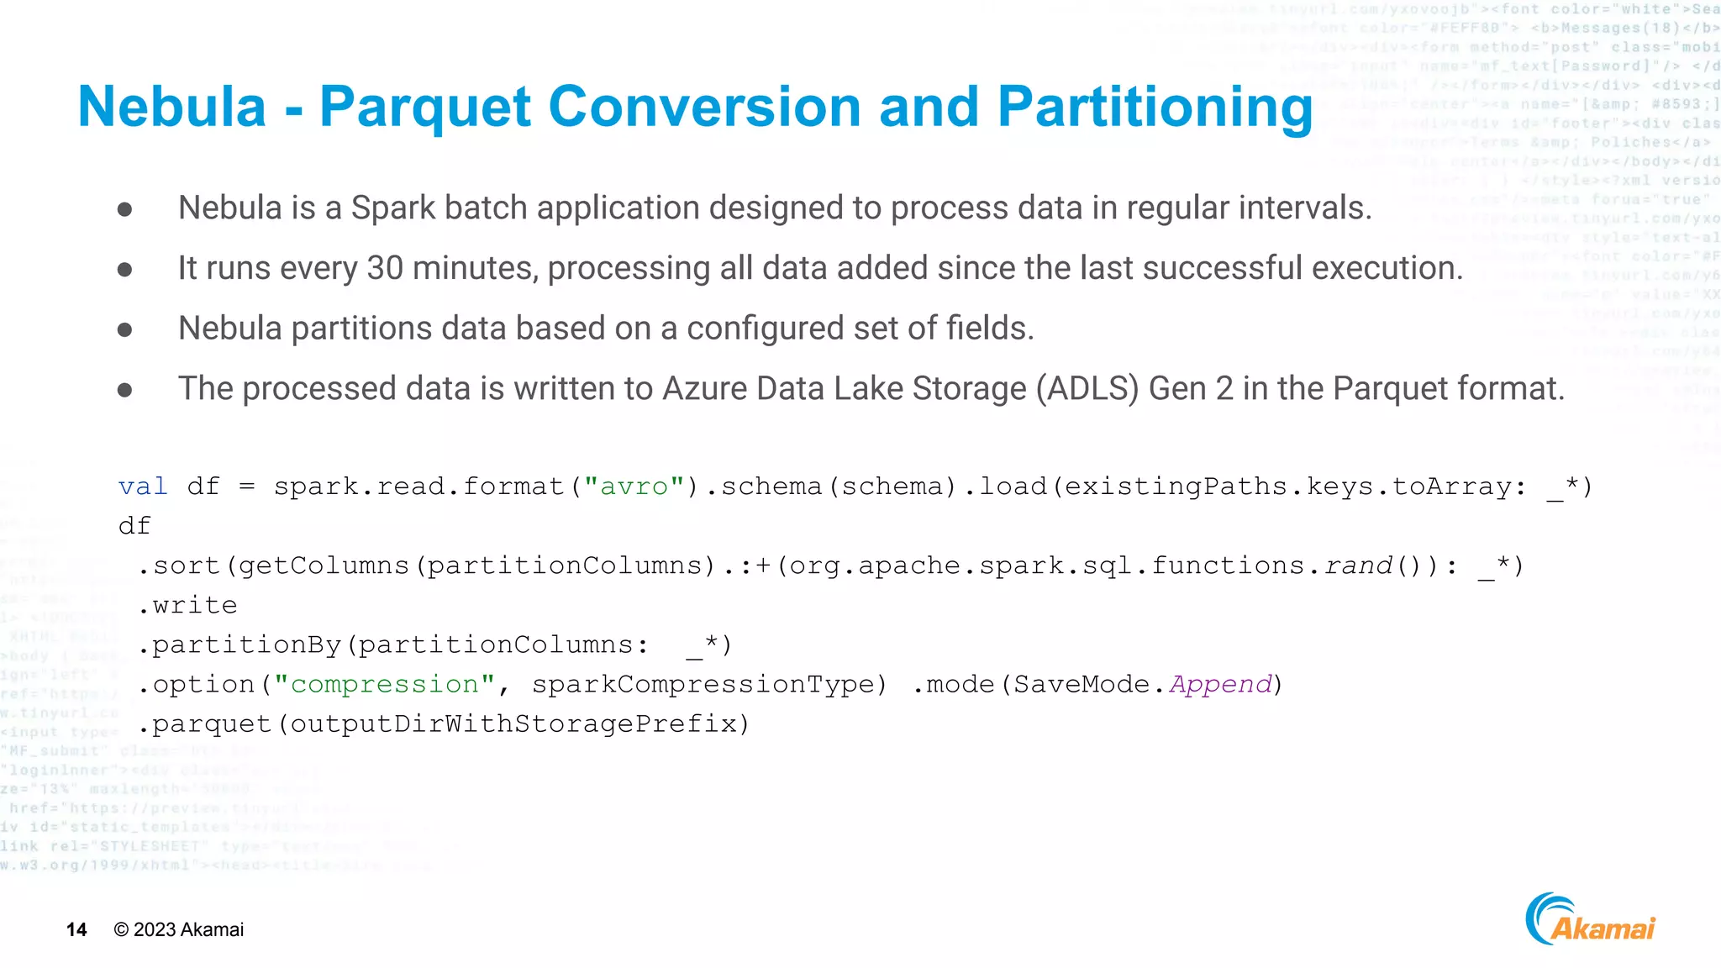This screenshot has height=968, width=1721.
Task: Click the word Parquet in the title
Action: click(x=425, y=108)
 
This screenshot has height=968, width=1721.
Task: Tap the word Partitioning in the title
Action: click(x=1155, y=108)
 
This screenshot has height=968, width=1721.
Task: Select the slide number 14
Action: click(x=76, y=929)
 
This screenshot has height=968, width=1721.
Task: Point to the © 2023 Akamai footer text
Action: click(x=178, y=929)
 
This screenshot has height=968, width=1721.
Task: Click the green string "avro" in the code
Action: click(x=634, y=487)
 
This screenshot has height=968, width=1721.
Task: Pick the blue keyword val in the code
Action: click(x=143, y=487)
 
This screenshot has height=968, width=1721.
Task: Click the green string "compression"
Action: click(x=384, y=684)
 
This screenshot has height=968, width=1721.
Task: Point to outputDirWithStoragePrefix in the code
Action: click(x=513, y=723)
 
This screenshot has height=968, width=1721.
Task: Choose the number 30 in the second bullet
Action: click(x=385, y=268)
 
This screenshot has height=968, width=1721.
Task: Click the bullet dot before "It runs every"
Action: click(x=125, y=269)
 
